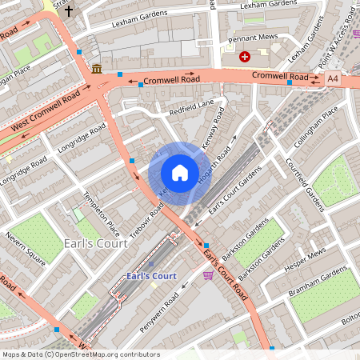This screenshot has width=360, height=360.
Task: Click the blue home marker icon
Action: point(179,173)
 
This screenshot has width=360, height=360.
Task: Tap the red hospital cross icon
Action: point(245,57)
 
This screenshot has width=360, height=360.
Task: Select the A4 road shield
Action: point(333,78)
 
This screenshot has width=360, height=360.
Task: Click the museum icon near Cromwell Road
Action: point(97,69)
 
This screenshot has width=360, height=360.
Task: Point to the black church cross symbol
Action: point(69,11)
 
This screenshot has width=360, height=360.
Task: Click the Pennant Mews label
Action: point(251,38)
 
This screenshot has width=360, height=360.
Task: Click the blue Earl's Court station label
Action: point(151,277)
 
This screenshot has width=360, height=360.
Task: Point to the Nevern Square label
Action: point(23,249)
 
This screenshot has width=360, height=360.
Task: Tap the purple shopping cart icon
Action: point(209,275)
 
